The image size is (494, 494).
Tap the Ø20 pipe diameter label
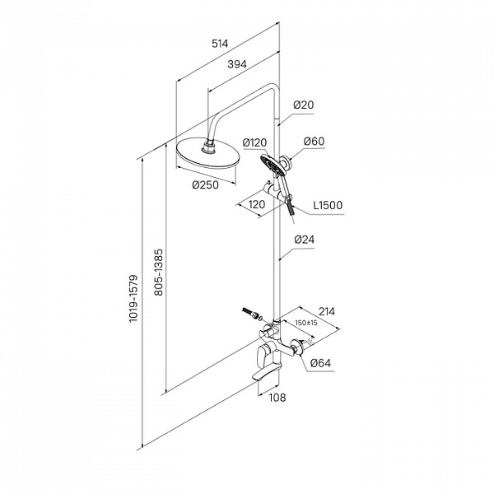(x=304, y=105)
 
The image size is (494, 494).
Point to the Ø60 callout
(x=315, y=142)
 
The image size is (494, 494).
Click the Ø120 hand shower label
(x=258, y=142)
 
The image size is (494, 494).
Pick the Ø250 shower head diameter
(x=205, y=184)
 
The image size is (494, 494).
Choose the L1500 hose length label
(x=327, y=205)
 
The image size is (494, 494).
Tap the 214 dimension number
(x=327, y=311)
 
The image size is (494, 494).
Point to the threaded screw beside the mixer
(x=250, y=313)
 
